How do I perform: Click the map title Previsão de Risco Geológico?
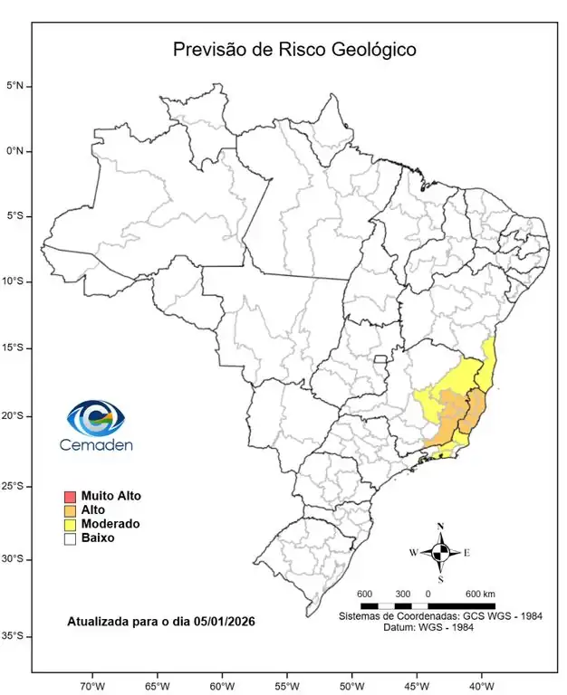294,50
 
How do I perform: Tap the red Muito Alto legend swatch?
69,497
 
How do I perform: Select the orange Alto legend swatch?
69,510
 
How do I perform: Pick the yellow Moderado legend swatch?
69,524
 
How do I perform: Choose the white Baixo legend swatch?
69,538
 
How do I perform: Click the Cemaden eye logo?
95,418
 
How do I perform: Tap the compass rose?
440,551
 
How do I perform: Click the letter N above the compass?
440,527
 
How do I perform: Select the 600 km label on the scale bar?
480,594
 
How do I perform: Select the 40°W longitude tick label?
480,684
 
